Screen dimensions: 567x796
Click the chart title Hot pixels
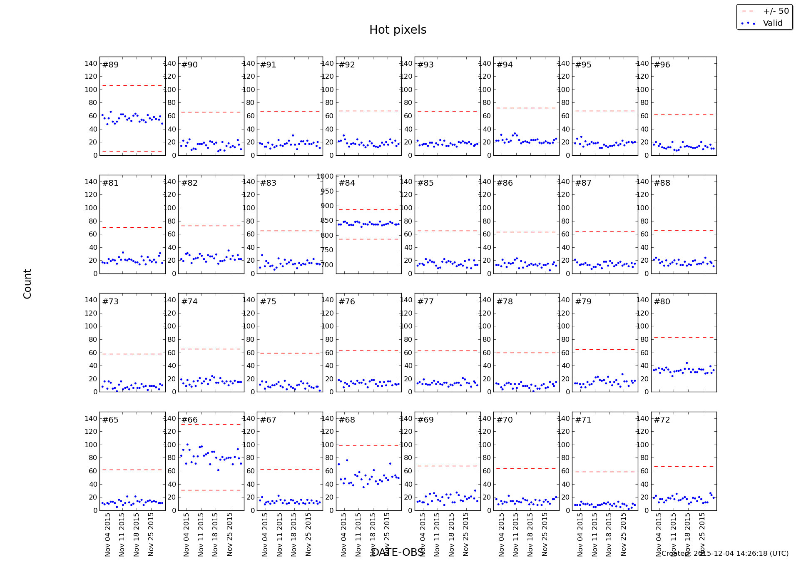coord(398,30)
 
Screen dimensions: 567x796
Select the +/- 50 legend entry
coord(776,11)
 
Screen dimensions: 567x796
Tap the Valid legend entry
coord(772,23)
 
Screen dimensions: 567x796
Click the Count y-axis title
coord(27,283)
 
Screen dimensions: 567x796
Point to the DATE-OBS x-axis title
coord(398,552)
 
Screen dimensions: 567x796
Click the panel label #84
coord(347,183)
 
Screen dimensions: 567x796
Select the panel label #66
coord(189,420)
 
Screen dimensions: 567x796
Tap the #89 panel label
coord(110,65)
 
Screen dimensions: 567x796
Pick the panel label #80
coord(662,302)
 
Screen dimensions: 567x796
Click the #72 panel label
coord(662,420)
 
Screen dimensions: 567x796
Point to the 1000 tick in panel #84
coord(325,176)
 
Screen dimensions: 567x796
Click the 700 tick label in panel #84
coord(327,265)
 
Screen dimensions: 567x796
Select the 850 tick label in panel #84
coord(327,221)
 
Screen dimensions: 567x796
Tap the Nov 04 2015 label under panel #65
coord(108,534)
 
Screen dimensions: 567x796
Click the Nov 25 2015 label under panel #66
coord(230,534)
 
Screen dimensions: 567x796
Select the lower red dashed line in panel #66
coord(211,490)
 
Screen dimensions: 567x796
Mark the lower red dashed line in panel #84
coord(368,239)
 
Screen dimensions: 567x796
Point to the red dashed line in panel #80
coord(684,337)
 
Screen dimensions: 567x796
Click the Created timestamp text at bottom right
coord(725,554)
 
